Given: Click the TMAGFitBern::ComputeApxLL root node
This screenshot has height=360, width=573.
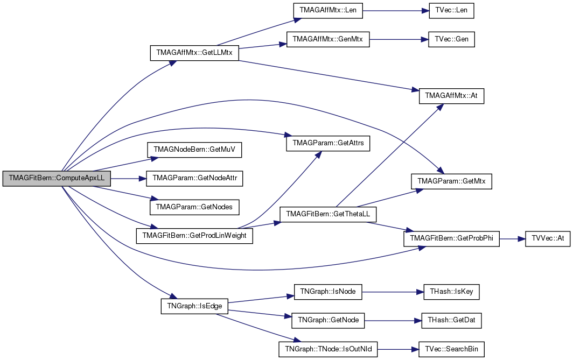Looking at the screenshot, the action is [57, 179].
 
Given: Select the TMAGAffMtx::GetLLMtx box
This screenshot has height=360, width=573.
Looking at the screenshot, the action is [194, 53].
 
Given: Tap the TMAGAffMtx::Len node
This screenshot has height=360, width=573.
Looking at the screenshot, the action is [328, 11].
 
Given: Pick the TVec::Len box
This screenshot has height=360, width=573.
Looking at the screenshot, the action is [451, 11].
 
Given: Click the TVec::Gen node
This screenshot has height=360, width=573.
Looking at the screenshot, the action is [451, 39].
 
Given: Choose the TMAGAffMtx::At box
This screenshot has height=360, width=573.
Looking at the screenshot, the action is [451, 96].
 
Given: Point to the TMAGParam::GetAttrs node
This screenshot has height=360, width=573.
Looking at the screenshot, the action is [328, 143].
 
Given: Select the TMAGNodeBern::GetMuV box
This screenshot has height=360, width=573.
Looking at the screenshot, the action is [194, 150].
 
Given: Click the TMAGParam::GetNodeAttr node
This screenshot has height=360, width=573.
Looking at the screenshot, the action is [194, 179].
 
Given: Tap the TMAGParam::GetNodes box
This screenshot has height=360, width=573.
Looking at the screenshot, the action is [194, 207].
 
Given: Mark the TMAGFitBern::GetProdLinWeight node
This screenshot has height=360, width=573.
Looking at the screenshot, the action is [194, 236].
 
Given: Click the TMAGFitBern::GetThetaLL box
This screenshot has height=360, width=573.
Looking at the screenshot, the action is [328, 214].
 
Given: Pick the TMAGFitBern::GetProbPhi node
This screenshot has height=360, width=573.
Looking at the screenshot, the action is [451, 239].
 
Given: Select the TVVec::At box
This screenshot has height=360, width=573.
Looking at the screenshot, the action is [548, 239].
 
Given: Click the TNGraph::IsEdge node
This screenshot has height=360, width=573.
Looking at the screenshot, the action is [194, 306].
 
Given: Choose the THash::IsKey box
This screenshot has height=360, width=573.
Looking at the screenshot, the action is [451, 292].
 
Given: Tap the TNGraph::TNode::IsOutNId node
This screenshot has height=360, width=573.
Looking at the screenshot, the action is [328, 349].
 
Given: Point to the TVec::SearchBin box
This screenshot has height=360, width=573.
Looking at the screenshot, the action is [451, 349].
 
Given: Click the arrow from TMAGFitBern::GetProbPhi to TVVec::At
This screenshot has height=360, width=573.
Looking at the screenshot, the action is [512, 239].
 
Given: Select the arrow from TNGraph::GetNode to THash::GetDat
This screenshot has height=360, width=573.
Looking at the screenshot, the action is [393, 321].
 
